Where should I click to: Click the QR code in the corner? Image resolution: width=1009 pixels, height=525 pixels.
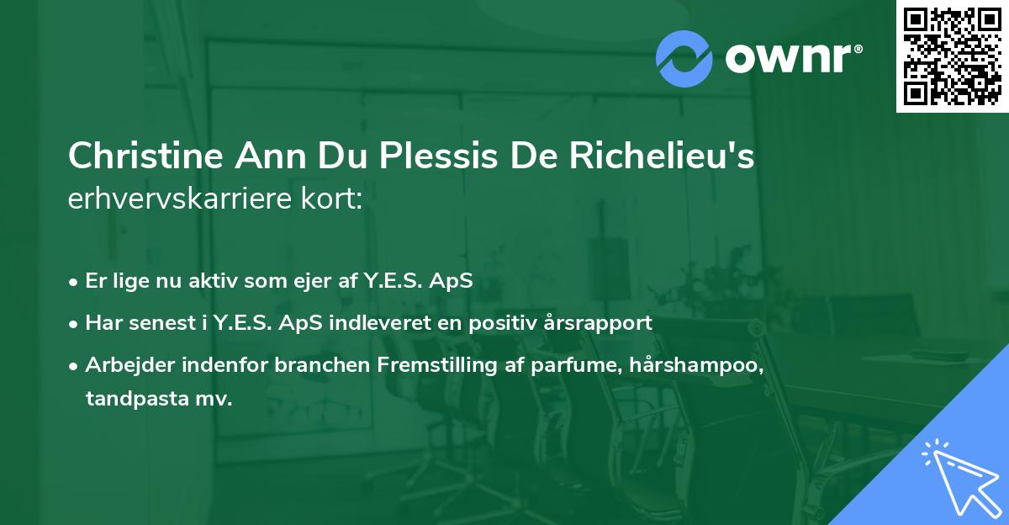952,56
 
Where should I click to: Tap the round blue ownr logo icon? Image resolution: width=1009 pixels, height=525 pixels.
684,58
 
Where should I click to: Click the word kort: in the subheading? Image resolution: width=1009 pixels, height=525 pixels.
335,200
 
